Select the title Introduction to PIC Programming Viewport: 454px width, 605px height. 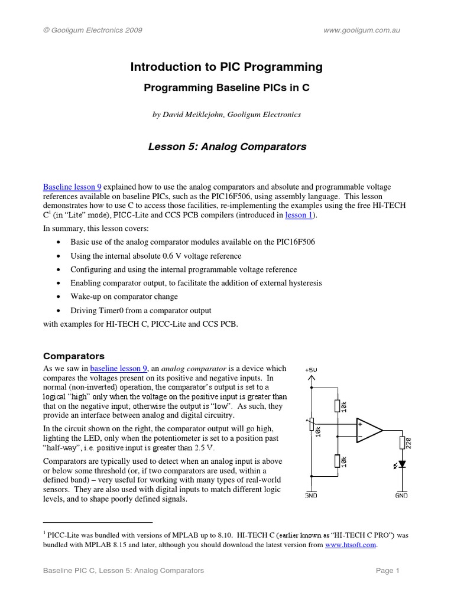tap(226, 67)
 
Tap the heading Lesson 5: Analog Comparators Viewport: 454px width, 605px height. tap(226, 147)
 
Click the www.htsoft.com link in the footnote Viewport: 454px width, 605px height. tap(351, 545)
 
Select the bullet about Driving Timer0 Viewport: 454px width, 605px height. tap(141, 310)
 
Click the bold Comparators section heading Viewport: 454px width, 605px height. tap(74, 356)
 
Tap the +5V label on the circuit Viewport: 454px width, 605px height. tap(311, 370)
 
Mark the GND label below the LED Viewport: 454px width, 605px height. tap(401, 496)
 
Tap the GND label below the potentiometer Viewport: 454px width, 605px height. tap(311, 496)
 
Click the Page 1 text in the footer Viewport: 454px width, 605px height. tap(388, 571)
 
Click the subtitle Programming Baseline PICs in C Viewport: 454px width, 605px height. tap(226, 88)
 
